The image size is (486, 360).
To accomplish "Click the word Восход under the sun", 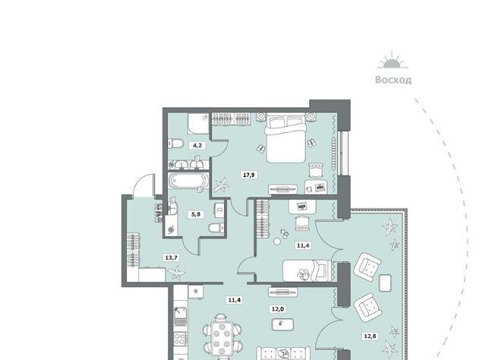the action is (x=393, y=80).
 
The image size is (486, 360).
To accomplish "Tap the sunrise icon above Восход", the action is (x=393, y=60).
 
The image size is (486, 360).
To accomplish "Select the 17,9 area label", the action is (x=249, y=175).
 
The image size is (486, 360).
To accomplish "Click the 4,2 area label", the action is (x=197, y=145).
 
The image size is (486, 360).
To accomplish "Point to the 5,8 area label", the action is (x=196, y=214).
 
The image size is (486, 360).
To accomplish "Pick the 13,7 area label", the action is (x=172, y=257).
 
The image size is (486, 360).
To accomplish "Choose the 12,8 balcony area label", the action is (x=371, y=336).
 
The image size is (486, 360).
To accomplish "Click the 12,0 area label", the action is (x=278, y=309).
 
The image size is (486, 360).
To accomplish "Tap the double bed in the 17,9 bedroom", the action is (x=286, y=138).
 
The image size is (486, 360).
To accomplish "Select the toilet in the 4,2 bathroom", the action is (x=175, y=144).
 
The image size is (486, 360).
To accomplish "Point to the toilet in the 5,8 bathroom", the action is (x=216, y=228).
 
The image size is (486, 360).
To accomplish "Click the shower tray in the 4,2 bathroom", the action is (x=198, y=123).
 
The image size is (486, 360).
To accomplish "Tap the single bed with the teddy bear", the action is (x=306, y=270).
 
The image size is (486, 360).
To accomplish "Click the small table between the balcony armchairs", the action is (x=385, y=283).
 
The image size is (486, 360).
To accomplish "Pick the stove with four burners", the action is (x=180, y=339).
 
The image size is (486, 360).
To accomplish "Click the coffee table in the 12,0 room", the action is (x=282, y=324).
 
